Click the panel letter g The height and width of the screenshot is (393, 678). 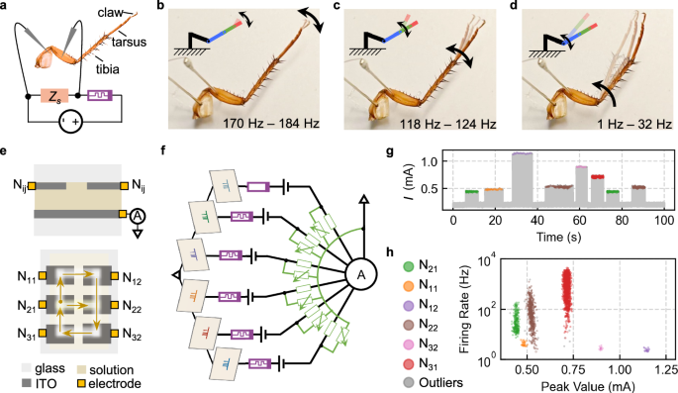coord(394,153)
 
